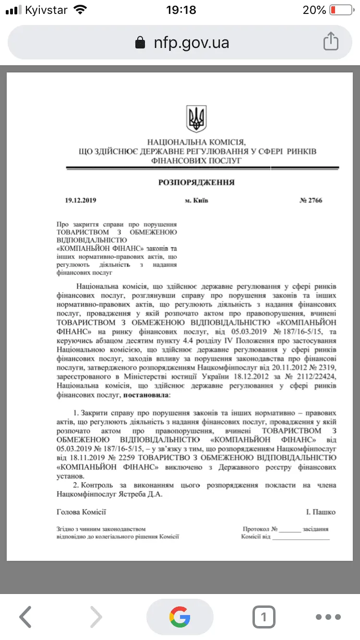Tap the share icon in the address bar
[331, 41]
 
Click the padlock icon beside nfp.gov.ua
[140, 43]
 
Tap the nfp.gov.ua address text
[191, 43]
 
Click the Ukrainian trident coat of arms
[196, 119]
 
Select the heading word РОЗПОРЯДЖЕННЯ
[196, 182]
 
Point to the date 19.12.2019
[81, 201]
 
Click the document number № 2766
[311, 201]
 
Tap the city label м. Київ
[197, 201]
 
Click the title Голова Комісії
[82, 512]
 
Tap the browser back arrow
[26, 617]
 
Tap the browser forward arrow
[96, 617]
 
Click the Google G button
[180, 617]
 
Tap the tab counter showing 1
[264, 617]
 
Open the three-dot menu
[328, 617]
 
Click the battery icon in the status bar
[341, 10]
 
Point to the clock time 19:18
[180, 10]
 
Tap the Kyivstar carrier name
[46, 10]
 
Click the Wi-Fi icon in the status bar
[81, 10]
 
